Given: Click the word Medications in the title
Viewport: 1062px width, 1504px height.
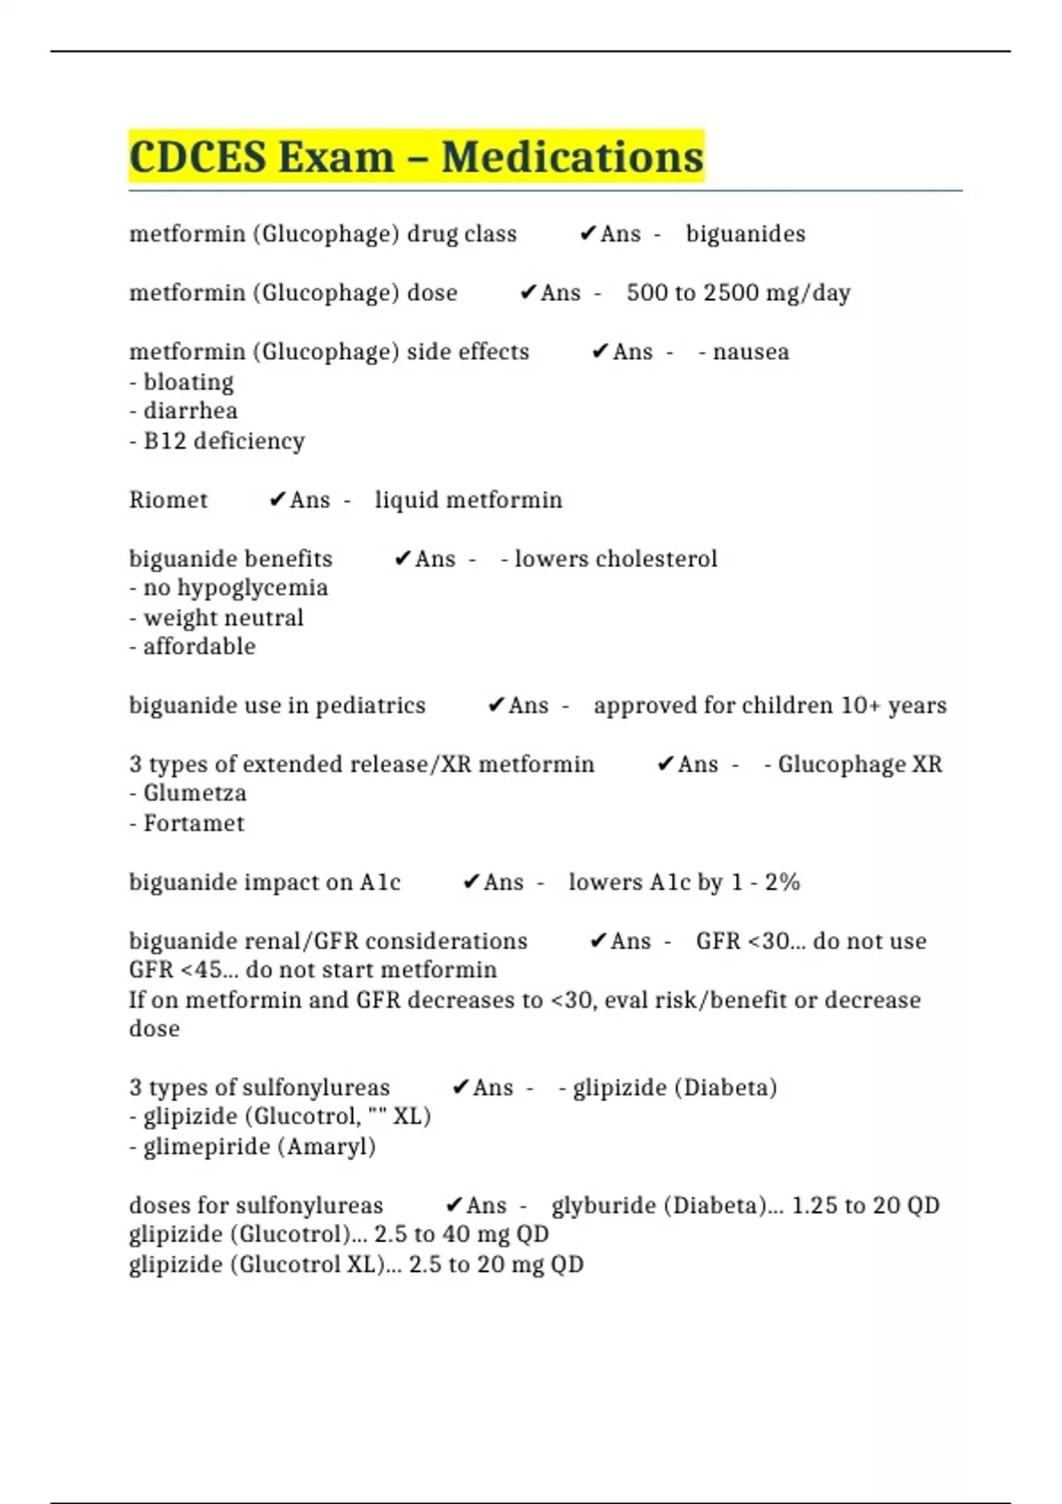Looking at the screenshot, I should pyautogui.click(x=572, y=157).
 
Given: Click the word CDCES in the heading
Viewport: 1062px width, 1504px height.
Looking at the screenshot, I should pyautogui.click(x=197, y=157).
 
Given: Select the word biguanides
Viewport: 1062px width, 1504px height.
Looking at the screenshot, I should pyautogui.click(x=745, y=234).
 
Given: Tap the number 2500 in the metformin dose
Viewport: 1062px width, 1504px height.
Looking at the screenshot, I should pyautogui.click(x=730, y=293).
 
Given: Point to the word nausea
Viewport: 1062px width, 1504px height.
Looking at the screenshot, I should pyautogui.click(x=750, y=352).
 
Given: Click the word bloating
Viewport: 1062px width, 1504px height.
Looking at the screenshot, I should pyautogui.click(x=189, y=382).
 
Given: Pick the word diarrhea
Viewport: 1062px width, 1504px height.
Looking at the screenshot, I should pyautogui.click(x=190, y=411).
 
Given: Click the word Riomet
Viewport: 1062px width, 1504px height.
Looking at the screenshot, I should pyautogui.click(x=168, y=500).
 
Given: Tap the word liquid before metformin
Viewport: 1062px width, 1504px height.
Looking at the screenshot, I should pyautogui.click(x=405, y=500).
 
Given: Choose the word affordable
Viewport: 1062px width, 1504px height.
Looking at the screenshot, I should pyautogui.click(x=199, y=647).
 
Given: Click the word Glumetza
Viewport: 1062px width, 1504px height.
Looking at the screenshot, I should pyautogui.click(x=195, y=794).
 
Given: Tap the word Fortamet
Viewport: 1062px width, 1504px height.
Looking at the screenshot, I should pyautogui.click(x=194, y=824).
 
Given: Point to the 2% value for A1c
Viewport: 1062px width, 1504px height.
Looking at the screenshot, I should pyautogui.click(x=782, y=883).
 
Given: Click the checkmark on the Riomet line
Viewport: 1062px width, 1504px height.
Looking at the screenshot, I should pyautogui.click(x=277, y=501).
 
